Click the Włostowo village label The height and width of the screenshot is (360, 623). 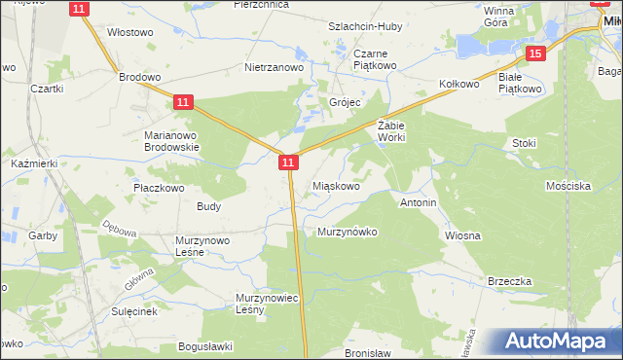point(130,32)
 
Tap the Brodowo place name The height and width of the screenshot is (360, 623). point(138,76)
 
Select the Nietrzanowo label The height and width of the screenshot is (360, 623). point(274,68)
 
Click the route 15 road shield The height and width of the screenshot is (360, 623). point(534,54)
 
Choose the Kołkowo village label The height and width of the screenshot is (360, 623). point(459,85)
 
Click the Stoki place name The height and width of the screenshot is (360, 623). point(524,143)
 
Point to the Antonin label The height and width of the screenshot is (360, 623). point(419,203)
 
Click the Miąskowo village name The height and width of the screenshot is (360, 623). point(338,186)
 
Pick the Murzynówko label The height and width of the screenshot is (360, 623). point(347,232)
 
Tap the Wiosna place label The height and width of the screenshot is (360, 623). point(463,235)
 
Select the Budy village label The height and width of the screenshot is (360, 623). point(208,206)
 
